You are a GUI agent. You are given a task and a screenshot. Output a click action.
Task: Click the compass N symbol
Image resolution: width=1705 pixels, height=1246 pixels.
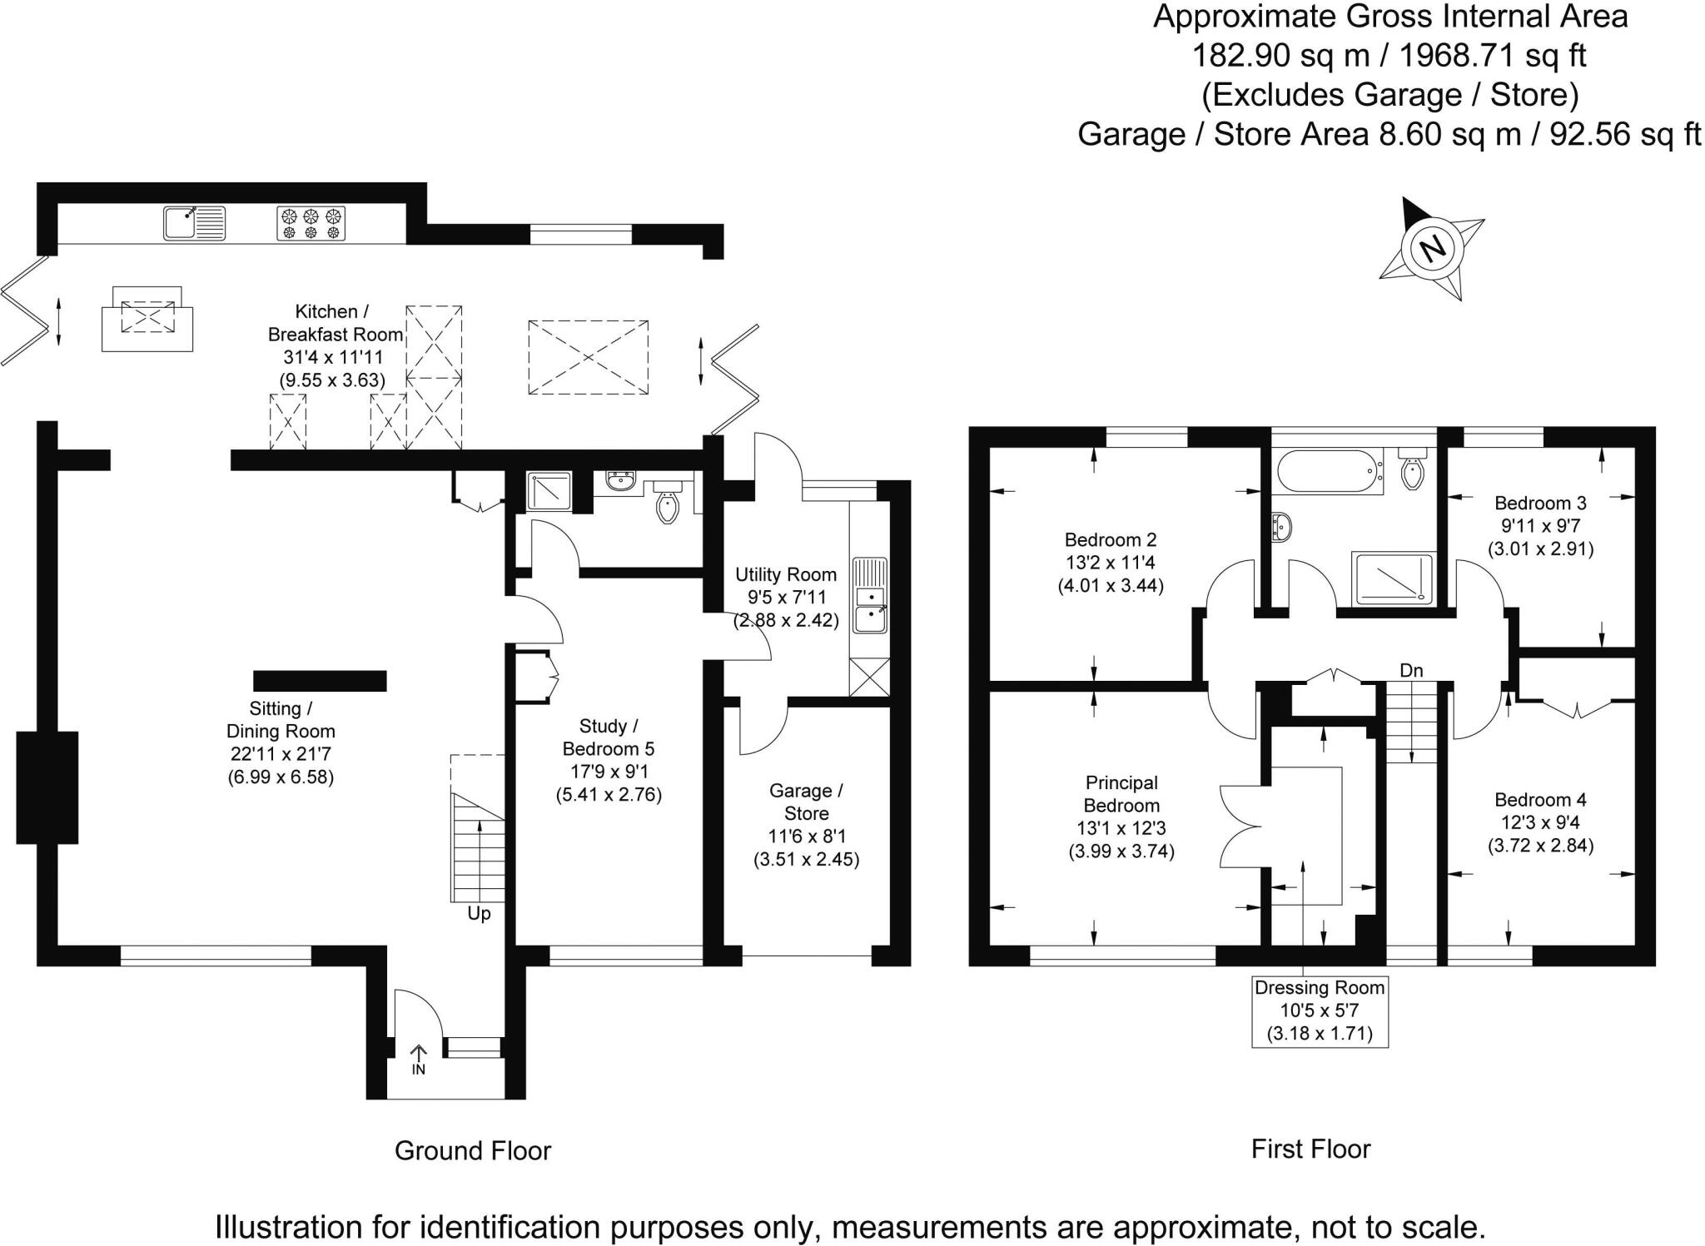[x=1432, y=247]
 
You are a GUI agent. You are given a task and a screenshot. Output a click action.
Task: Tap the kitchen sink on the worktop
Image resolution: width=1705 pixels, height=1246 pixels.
[x=194, y=223]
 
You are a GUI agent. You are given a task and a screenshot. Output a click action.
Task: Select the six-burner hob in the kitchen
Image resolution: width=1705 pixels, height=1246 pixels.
[x=311, y=223]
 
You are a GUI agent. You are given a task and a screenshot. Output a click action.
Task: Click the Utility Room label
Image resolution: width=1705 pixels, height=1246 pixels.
[x=785, y=574]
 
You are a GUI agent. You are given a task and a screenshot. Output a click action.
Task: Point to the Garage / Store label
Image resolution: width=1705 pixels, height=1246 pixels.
[x=806, y=802]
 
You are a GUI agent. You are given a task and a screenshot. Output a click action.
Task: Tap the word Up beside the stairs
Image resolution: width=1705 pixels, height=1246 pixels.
[x=479, y=913]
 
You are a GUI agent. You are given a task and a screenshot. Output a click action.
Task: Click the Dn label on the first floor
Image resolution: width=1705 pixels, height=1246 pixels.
[x=1411, y=670]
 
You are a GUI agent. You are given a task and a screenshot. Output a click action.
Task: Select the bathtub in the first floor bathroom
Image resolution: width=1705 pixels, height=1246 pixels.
[x=1327, y=471]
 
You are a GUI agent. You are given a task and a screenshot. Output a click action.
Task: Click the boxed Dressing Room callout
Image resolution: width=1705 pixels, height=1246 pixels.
[x=1320, y=1011]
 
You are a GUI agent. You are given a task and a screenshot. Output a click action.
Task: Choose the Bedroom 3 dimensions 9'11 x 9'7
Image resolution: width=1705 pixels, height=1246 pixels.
[x=1540, y=526]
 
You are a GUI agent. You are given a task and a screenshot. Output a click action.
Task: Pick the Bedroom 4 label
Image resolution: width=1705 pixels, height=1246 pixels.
[x=1540, y=800]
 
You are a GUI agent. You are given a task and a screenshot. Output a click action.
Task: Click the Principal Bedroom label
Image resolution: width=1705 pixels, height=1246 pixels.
[x=1121, y=794]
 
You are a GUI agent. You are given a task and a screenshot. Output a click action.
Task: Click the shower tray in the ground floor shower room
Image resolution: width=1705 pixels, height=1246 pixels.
[x=549, y=491]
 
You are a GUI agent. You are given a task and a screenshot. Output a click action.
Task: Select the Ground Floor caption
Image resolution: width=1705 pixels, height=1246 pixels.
[x=473, y=1150]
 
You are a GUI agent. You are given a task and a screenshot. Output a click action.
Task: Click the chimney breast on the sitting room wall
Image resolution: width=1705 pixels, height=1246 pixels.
[x=47, y=787]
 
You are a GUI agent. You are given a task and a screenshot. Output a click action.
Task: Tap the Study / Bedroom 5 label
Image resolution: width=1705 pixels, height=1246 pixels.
[x=609, y=737]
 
